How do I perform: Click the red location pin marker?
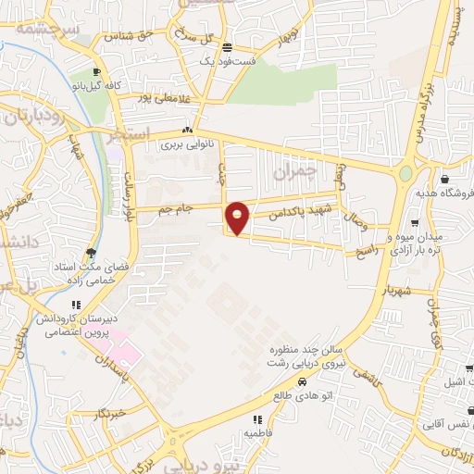click(238, 218)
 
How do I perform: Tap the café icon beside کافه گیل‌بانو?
click(95, 72)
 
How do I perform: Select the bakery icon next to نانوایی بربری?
click(189, 131)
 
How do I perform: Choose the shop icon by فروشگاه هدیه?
click(445, 180)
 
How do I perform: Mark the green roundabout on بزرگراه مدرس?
click(405, 173)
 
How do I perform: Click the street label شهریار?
click(399, 290)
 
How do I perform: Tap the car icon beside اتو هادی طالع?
click(302, 380)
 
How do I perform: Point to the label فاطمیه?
click(260, 432)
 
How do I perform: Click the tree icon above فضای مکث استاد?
click(90, 252)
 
